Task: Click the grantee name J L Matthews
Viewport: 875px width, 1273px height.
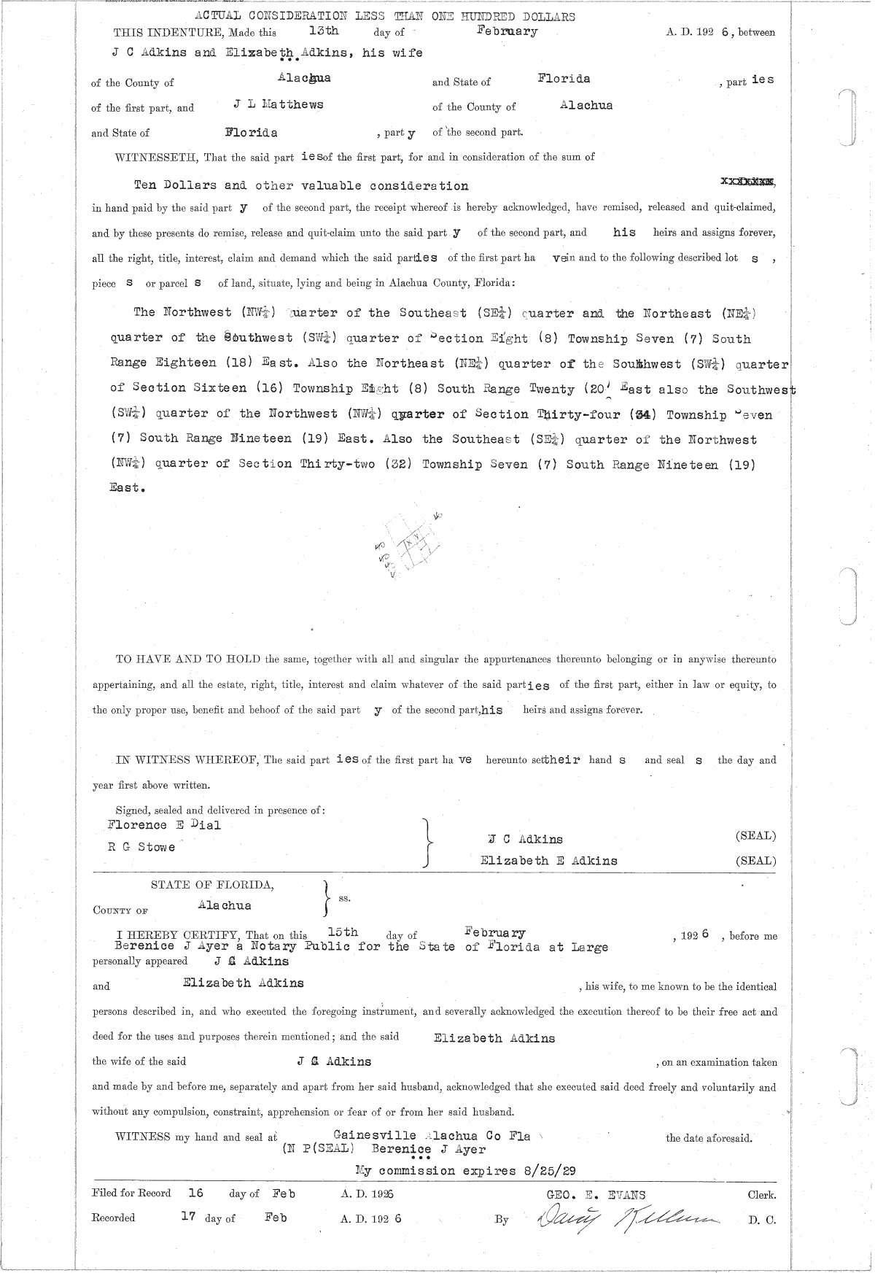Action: tap(279, 105)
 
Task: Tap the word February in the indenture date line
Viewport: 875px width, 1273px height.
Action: tap(507, 31)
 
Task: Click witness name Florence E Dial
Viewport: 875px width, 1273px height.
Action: tap(164, 825)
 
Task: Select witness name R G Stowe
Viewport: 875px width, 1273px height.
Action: tap(141, 848)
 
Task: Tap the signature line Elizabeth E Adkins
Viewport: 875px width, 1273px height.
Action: tap(548, 861)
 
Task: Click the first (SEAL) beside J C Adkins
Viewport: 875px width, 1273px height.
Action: tap(755, 836)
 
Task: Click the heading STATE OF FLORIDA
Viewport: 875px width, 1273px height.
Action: tap(212, 885)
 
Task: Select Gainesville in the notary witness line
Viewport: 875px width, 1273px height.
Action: tap(374, 1135)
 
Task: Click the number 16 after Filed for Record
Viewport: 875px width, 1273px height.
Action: tap(195, 1193)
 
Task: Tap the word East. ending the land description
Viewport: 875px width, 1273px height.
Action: tap(128, 488)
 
